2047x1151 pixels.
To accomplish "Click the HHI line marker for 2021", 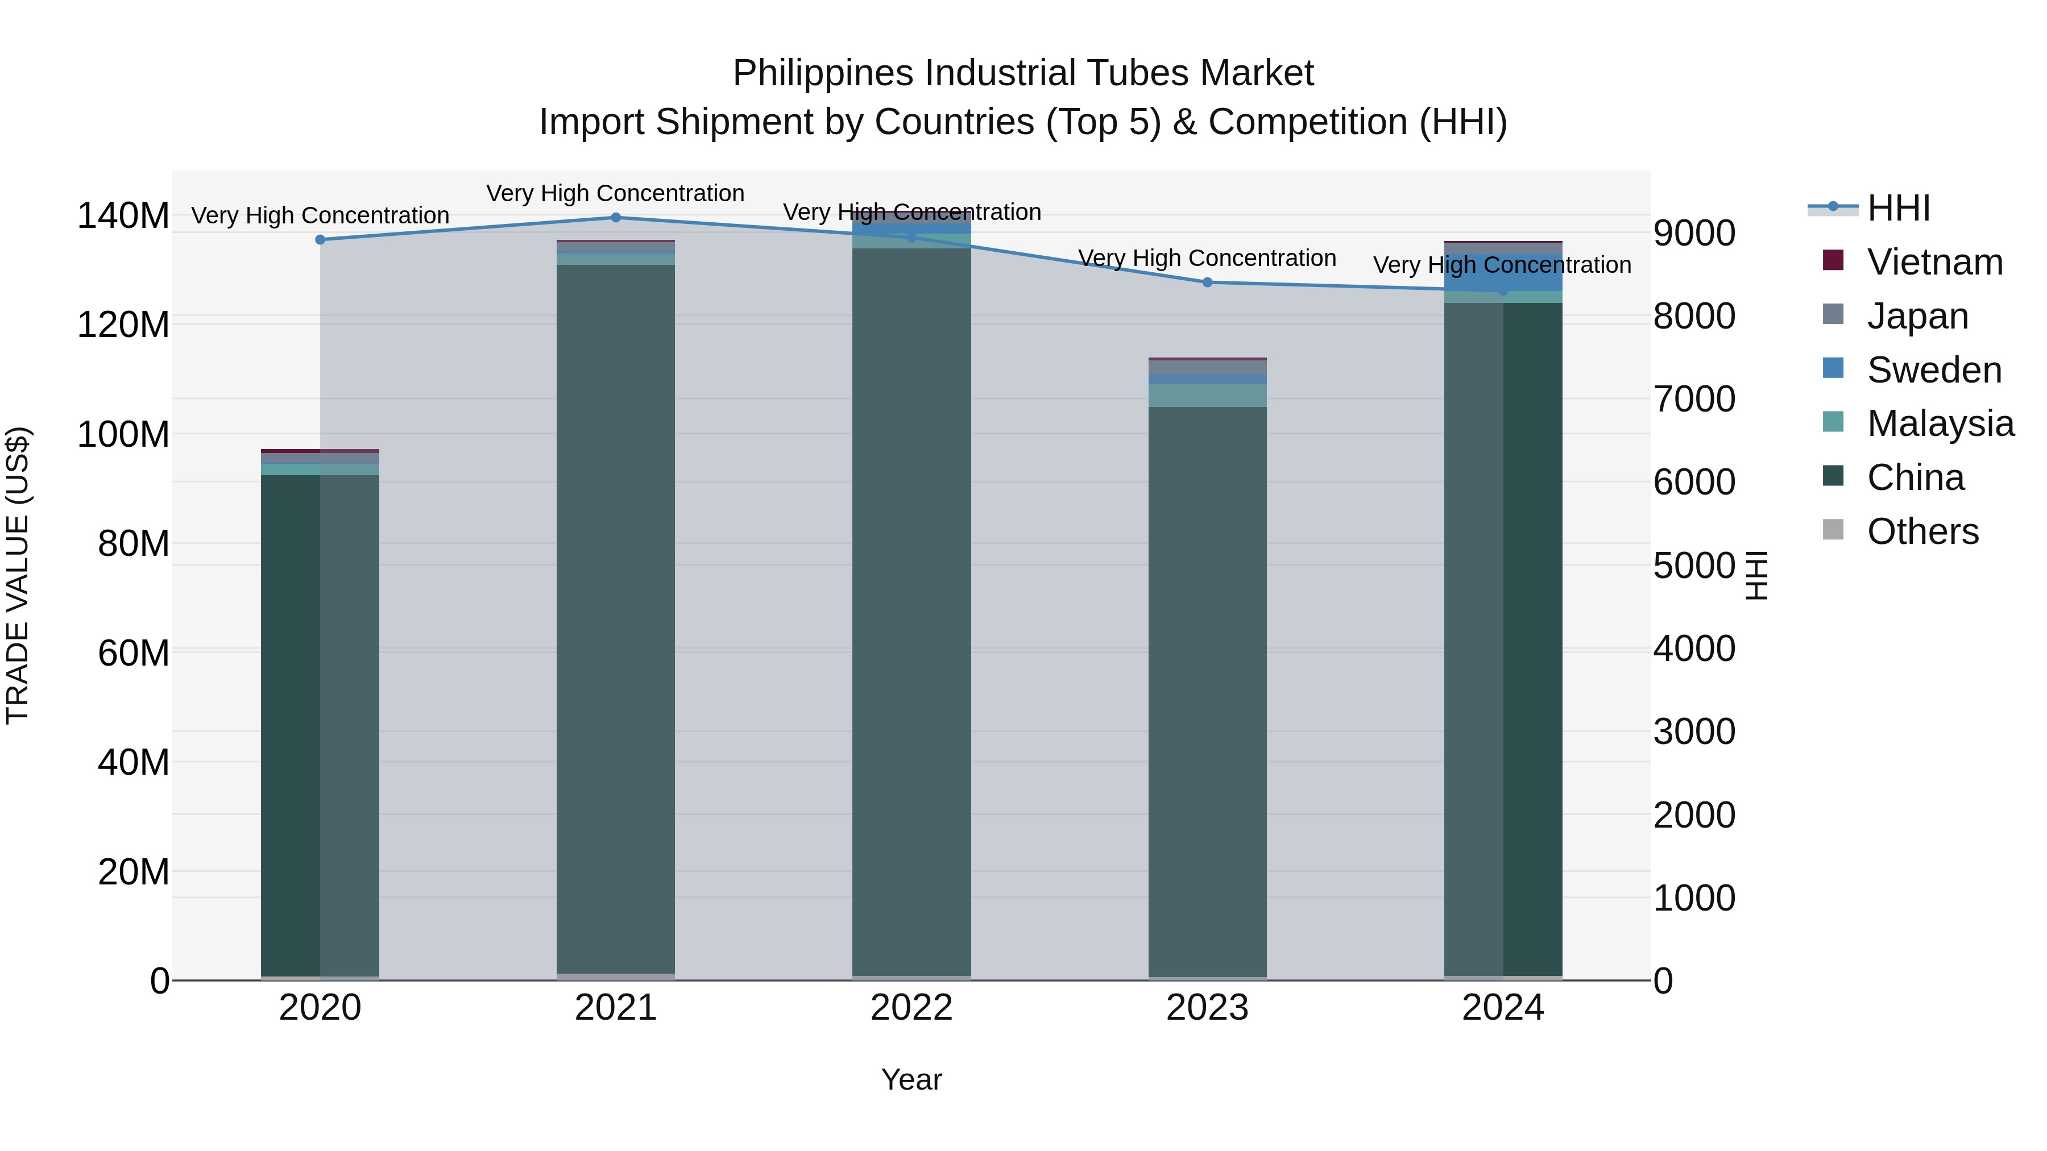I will pyautogui.click(x=616, y=218).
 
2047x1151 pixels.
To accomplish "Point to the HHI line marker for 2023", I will pyautogui.click(x=1207, y=282).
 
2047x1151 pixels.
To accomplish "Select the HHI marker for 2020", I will pyautogui.click(x=320, y=240).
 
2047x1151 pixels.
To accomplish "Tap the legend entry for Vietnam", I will pyautogui.click(x=1934, y=262).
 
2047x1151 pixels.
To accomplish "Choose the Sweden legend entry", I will pyautogui.click(x=1933, y=370).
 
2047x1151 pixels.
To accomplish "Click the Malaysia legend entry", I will pyautogui.click(x=1940, y=423).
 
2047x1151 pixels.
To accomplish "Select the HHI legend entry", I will pyautogui.click(x=1897, y=208).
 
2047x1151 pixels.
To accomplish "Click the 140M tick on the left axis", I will pyautogui.click(x=123, y=215).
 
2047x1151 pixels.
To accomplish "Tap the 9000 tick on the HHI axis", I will pyautogui.click(x=1694, y=234).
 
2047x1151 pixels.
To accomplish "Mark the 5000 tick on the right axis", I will pyautogui.click(x=1694, y=566).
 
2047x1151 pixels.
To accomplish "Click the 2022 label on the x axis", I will pyautogui.click(x=911, y=1008).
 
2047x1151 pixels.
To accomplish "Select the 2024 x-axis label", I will pyautogui.click(x=1503, y=1008).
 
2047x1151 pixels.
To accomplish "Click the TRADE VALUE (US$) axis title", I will pyautogui.click(x=18, y=575).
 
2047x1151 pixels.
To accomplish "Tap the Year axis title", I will pyautogui.click(x=911, y=1079).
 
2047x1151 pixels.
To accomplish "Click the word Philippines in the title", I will pyautogui.click(x=822, y=73).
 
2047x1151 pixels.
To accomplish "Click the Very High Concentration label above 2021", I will pyautogui.click(x=616, y=193).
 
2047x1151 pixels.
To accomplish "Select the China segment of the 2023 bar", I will pyautogui.click(x=1207, y=691).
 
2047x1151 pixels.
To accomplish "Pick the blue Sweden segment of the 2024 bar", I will pyautogui.click(x=1503, y=274).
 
